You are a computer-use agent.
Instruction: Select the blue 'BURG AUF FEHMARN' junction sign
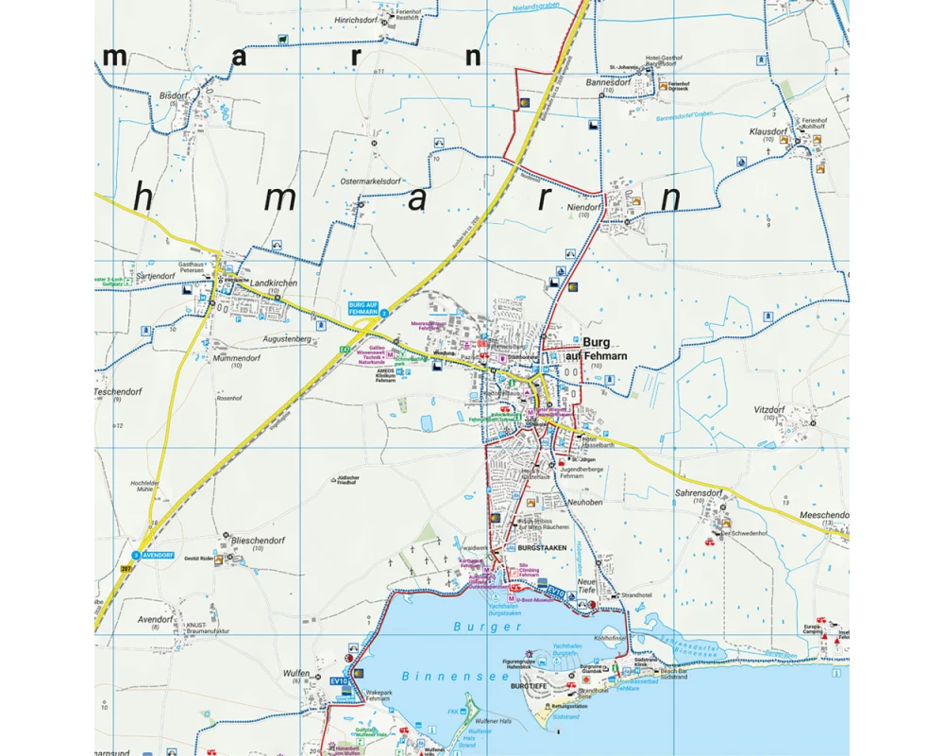(x=363, y=307)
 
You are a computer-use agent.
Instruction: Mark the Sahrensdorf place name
(x=699, y=493)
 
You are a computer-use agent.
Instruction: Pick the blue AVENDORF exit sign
(x=156, y=555)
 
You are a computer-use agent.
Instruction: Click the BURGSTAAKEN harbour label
(x=540, y=548)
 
